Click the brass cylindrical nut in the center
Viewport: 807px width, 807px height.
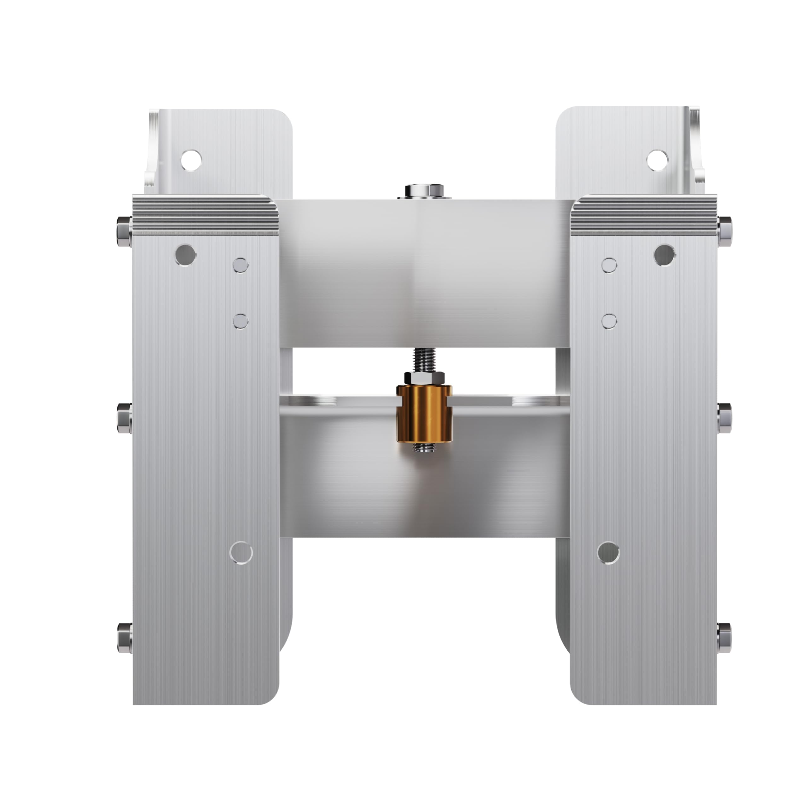pyautogui.click(x=424, y=415)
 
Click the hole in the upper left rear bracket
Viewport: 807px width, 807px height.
pyautogui.click(x=191, y=160)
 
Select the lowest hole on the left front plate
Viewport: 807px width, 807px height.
pyautogui.click(x=241, y=553)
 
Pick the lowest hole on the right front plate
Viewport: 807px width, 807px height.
pyautogui.click(x=608, y=553)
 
